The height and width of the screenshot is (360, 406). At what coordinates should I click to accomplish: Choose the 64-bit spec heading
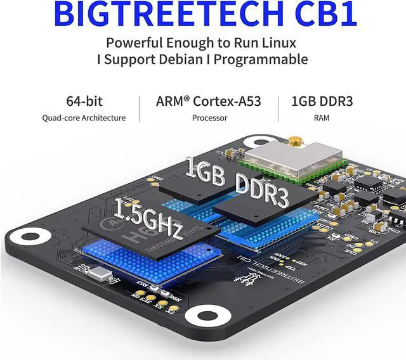[x=84, y=101]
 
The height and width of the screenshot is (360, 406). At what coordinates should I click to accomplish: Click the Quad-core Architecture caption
[x=84, y=118]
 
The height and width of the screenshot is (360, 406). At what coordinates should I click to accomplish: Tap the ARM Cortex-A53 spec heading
[x=208, y=101]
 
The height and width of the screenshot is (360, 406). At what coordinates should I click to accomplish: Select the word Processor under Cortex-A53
[x=209, y=118]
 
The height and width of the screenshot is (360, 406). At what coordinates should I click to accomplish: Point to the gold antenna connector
[x=295, y=140]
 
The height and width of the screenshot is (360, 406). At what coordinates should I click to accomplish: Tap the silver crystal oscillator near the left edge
[x=101, y=274]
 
